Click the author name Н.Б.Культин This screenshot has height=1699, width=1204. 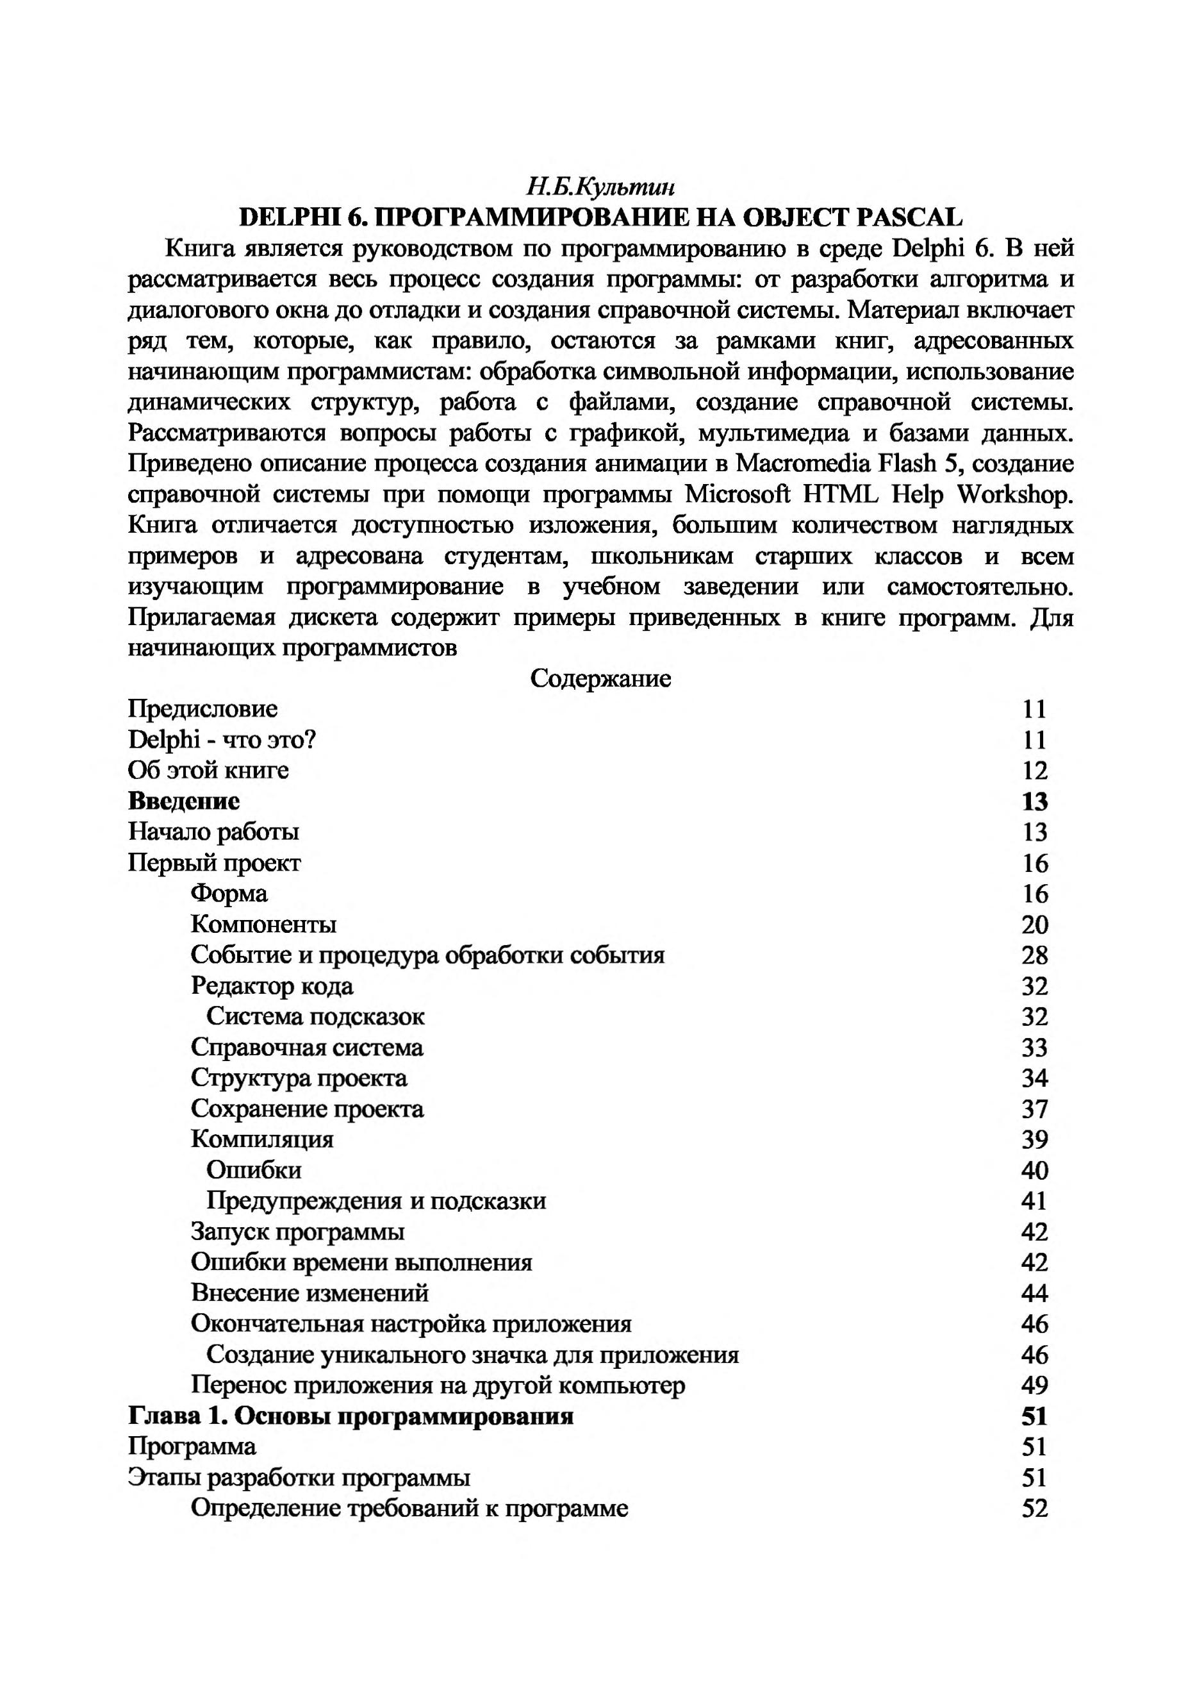(600, 186)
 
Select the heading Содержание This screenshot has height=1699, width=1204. (600, 678)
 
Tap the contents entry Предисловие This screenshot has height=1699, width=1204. (202, 709)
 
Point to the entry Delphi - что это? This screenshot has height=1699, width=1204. (222, 740)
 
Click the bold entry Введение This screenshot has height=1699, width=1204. (184, 801)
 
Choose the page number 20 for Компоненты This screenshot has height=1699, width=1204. (1034, 925)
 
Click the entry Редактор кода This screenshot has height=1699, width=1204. (272, 985)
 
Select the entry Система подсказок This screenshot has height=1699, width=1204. (315, 1016)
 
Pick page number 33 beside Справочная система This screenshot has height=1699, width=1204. (1034, 1048)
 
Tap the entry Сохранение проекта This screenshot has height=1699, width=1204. (307, 1109)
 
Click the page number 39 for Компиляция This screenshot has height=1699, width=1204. (1034, 1140)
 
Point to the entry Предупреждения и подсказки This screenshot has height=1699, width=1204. (376, 1201)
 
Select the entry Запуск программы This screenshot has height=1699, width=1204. (297, 1232)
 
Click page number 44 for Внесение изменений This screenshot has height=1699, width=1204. (1034, 1293)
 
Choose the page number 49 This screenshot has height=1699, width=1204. (1034, 1385)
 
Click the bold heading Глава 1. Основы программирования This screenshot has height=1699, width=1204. (350, 1416)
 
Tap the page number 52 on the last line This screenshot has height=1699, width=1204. (1034, 1509)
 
